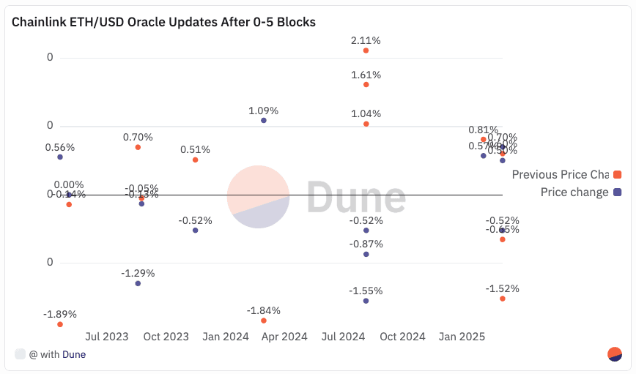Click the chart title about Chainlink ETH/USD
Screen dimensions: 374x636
coord(163,22)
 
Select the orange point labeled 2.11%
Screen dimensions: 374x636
coord(366,51)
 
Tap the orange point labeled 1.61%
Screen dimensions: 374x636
coord(366,85)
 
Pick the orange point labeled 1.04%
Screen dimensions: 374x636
coord(366,124)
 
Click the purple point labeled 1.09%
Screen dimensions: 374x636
coord(264,120)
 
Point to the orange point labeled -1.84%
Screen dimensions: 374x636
coord(264,321)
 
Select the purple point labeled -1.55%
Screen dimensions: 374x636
coord(366,301)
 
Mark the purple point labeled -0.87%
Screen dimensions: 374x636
coord(366,254)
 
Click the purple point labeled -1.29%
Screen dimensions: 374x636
coord(138,283)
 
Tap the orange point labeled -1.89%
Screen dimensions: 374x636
coord(60,324)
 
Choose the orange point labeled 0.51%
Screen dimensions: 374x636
coord(195,160)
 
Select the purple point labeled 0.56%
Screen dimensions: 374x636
coord(60,157)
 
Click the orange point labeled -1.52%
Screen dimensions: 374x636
coord(502,299)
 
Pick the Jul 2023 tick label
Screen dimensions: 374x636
coord(107,337)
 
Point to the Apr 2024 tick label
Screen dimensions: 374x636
coord(284,337)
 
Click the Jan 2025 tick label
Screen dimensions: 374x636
coord(462,337)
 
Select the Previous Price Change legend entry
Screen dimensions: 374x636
coord(560,174)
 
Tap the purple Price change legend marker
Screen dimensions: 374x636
coord(617,192)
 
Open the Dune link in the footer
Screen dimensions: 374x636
coord(74,354)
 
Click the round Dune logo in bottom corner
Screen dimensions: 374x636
coord(615,354)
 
